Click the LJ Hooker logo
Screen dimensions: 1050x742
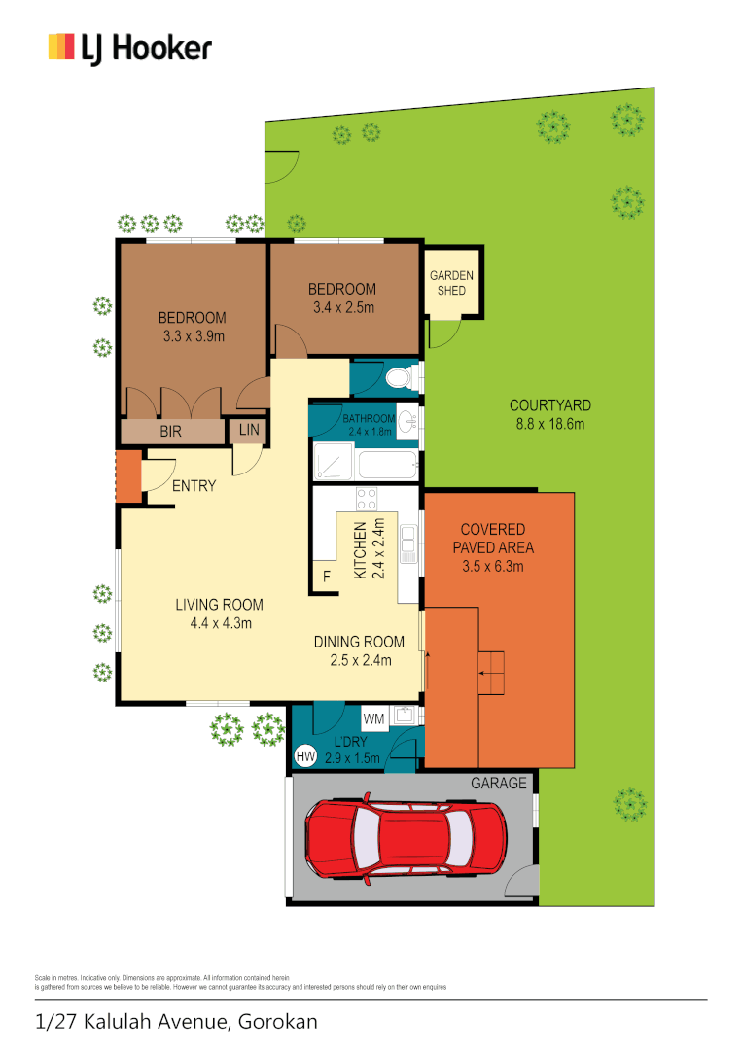pos(129,48)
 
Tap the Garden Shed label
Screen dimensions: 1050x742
pos(452,283)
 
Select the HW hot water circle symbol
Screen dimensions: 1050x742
pos(305,755)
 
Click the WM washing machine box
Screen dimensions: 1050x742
pos(373,719)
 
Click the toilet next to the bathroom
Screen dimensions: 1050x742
pos(400,376)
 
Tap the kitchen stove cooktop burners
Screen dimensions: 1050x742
pos(367,499)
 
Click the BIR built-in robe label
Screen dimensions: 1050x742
pos(171,430)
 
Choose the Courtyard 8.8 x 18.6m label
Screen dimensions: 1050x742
pos(550,414)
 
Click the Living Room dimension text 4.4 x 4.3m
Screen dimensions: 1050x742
pos(219,623)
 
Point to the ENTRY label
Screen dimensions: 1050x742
pos(194,486)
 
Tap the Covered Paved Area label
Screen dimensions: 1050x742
pos(492,547)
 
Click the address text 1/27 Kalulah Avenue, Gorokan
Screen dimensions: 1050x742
pos(176,1022)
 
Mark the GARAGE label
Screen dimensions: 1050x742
pos(499,783)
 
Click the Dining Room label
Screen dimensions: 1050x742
pos(358,642)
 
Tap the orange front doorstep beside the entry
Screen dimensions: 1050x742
pos(128,475)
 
